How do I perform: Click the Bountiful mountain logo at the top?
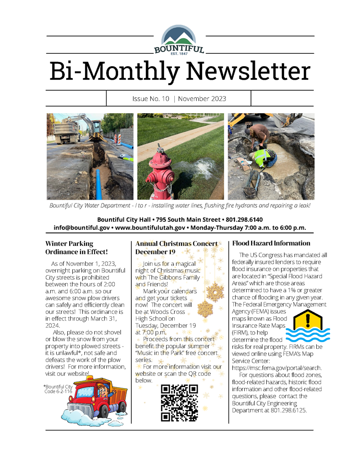pyautogui.click(x=180, y=39)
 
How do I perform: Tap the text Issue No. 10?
pyautogui.click(x=151, y=99)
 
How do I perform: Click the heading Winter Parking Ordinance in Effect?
pyautogui.click(x=76, y=247)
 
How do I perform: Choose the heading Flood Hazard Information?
pyautogui.click(x=271, y=243)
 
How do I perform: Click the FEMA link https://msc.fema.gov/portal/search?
pyautogui.click(x=276, y=368)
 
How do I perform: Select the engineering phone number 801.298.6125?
pyautogui.click(x=289, y=410)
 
